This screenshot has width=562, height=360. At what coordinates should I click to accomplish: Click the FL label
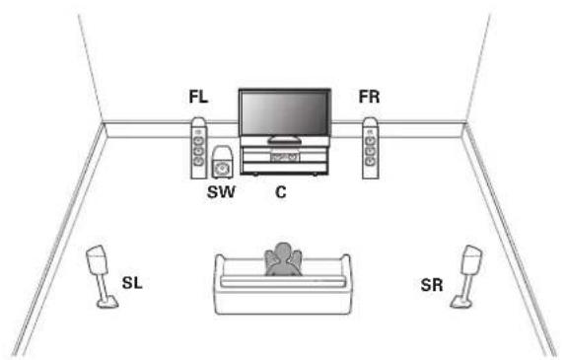pos(198,97)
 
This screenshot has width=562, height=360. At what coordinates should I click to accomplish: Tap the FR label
pos(369,97)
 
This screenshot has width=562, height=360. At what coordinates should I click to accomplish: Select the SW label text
pos(221,192)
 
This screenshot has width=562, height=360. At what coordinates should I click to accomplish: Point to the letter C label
pos(281,192)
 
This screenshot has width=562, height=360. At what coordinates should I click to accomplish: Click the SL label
pos(132,283)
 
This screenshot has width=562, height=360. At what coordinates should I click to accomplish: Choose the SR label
pos(432,285)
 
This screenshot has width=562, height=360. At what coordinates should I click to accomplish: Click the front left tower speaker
pos(198,148)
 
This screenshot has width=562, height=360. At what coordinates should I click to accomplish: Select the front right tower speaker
pos(371,148)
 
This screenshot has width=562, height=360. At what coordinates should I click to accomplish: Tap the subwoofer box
pos(222,162)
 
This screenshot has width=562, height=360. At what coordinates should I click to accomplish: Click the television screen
pos(285,113)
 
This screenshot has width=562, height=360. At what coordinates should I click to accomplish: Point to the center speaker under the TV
pos(285,157)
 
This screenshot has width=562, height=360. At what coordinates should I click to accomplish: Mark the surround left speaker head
pos(97,260)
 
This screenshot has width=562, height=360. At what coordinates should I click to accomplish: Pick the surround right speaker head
pos(471,260)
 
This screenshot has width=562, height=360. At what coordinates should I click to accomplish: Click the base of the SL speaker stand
pos(107,302)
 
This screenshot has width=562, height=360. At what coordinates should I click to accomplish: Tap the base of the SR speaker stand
pos(460,302)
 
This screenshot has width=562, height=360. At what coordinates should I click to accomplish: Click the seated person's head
pos(283,252)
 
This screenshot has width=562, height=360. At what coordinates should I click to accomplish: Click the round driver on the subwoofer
pos(222,168)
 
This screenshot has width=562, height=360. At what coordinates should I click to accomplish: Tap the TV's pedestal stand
pos(285,139)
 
